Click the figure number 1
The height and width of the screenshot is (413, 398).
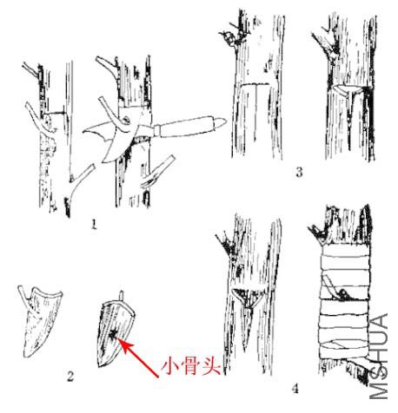(x=93, y=224)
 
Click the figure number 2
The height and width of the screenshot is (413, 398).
(x=70, y=376)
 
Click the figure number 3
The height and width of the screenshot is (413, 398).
(x=299, y=172)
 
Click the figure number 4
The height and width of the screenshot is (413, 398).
(x=295, y=388)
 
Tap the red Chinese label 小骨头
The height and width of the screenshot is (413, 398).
(x=192, y=367)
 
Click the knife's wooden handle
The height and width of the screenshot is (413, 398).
(x=189, y=126)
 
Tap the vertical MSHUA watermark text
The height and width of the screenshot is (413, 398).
(x=379, y=357)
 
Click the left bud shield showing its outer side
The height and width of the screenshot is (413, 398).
(x=42, y=321)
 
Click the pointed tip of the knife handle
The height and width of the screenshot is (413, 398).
(x=225, y=121)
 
